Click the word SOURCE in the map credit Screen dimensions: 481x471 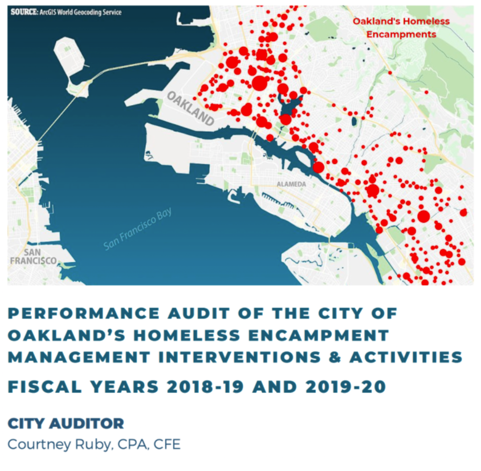click(25, 13)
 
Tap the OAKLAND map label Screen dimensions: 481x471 click(190, 108)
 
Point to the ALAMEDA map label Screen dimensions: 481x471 click(291, 184)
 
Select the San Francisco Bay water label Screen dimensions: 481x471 click(137, 229)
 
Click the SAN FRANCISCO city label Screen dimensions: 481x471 click(33, 257)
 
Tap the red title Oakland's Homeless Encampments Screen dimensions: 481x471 click(401, 27)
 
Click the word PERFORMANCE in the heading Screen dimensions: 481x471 click(84, 313)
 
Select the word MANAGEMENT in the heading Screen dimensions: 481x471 click(79, 357)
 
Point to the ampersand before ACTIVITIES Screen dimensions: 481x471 click(335, 357)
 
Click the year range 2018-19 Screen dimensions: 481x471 click(205, 387)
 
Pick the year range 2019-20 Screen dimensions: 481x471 click(346, 387)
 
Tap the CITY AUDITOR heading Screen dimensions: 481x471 click(66, 424)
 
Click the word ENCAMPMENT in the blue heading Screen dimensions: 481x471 click(319, 335)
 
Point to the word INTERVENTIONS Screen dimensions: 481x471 click(239, 357)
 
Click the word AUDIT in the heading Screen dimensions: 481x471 click(199, 313)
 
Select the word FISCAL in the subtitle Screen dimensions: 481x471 click(45, 387)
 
